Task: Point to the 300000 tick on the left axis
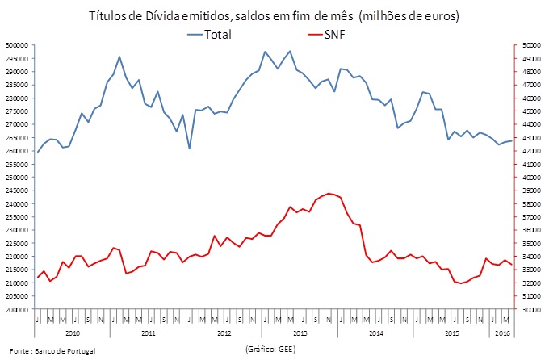click(19, 45)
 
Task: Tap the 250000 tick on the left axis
click(19, 178)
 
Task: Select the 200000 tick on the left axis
click(19, 310)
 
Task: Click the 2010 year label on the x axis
click(72, 333)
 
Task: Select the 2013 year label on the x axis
click(300, 333)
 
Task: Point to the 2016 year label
click(502, 333)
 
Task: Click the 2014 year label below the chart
click(375, 333)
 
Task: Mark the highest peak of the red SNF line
click(328, 194)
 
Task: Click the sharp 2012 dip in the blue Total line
click(189, 149)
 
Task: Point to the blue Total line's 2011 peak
click(119, 57)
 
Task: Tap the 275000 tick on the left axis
click(19, 111)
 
